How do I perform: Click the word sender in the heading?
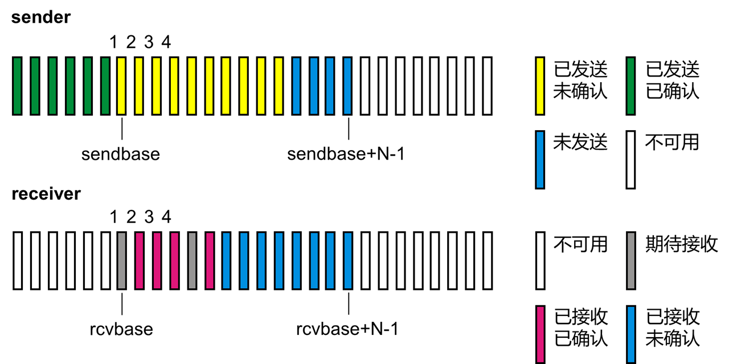41,17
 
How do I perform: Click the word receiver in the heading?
46,194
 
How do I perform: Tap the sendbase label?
120,155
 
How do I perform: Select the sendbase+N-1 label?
346,155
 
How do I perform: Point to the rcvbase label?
121,329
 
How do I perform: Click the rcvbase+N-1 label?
347,329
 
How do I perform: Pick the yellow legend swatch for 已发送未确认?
540,86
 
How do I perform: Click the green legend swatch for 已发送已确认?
630,86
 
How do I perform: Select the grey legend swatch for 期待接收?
630,260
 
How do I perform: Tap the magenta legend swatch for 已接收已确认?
540,334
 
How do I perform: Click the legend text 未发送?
580,142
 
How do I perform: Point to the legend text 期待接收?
681,244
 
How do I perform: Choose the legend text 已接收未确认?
673,327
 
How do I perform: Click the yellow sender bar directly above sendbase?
121,86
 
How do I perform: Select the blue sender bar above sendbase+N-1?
348,86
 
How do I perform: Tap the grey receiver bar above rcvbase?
121,260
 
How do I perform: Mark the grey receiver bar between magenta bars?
192,260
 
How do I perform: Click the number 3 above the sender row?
149,42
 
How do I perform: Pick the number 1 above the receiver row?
113,217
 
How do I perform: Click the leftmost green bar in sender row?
17,86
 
